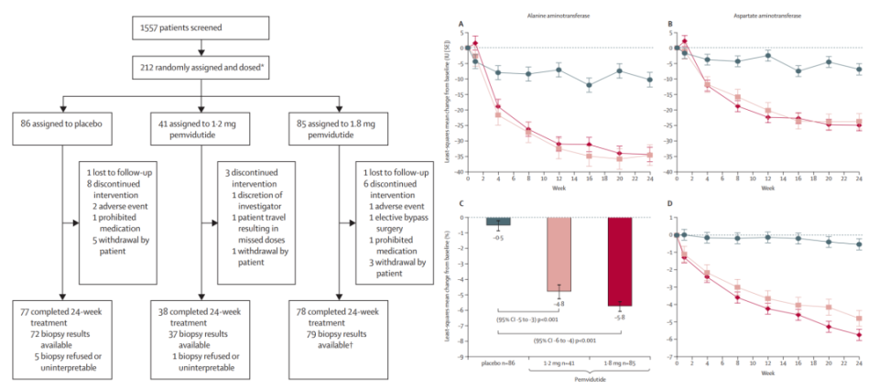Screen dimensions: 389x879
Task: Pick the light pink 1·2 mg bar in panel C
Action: point(559,254)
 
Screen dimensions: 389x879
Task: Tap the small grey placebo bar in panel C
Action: point(498,222)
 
